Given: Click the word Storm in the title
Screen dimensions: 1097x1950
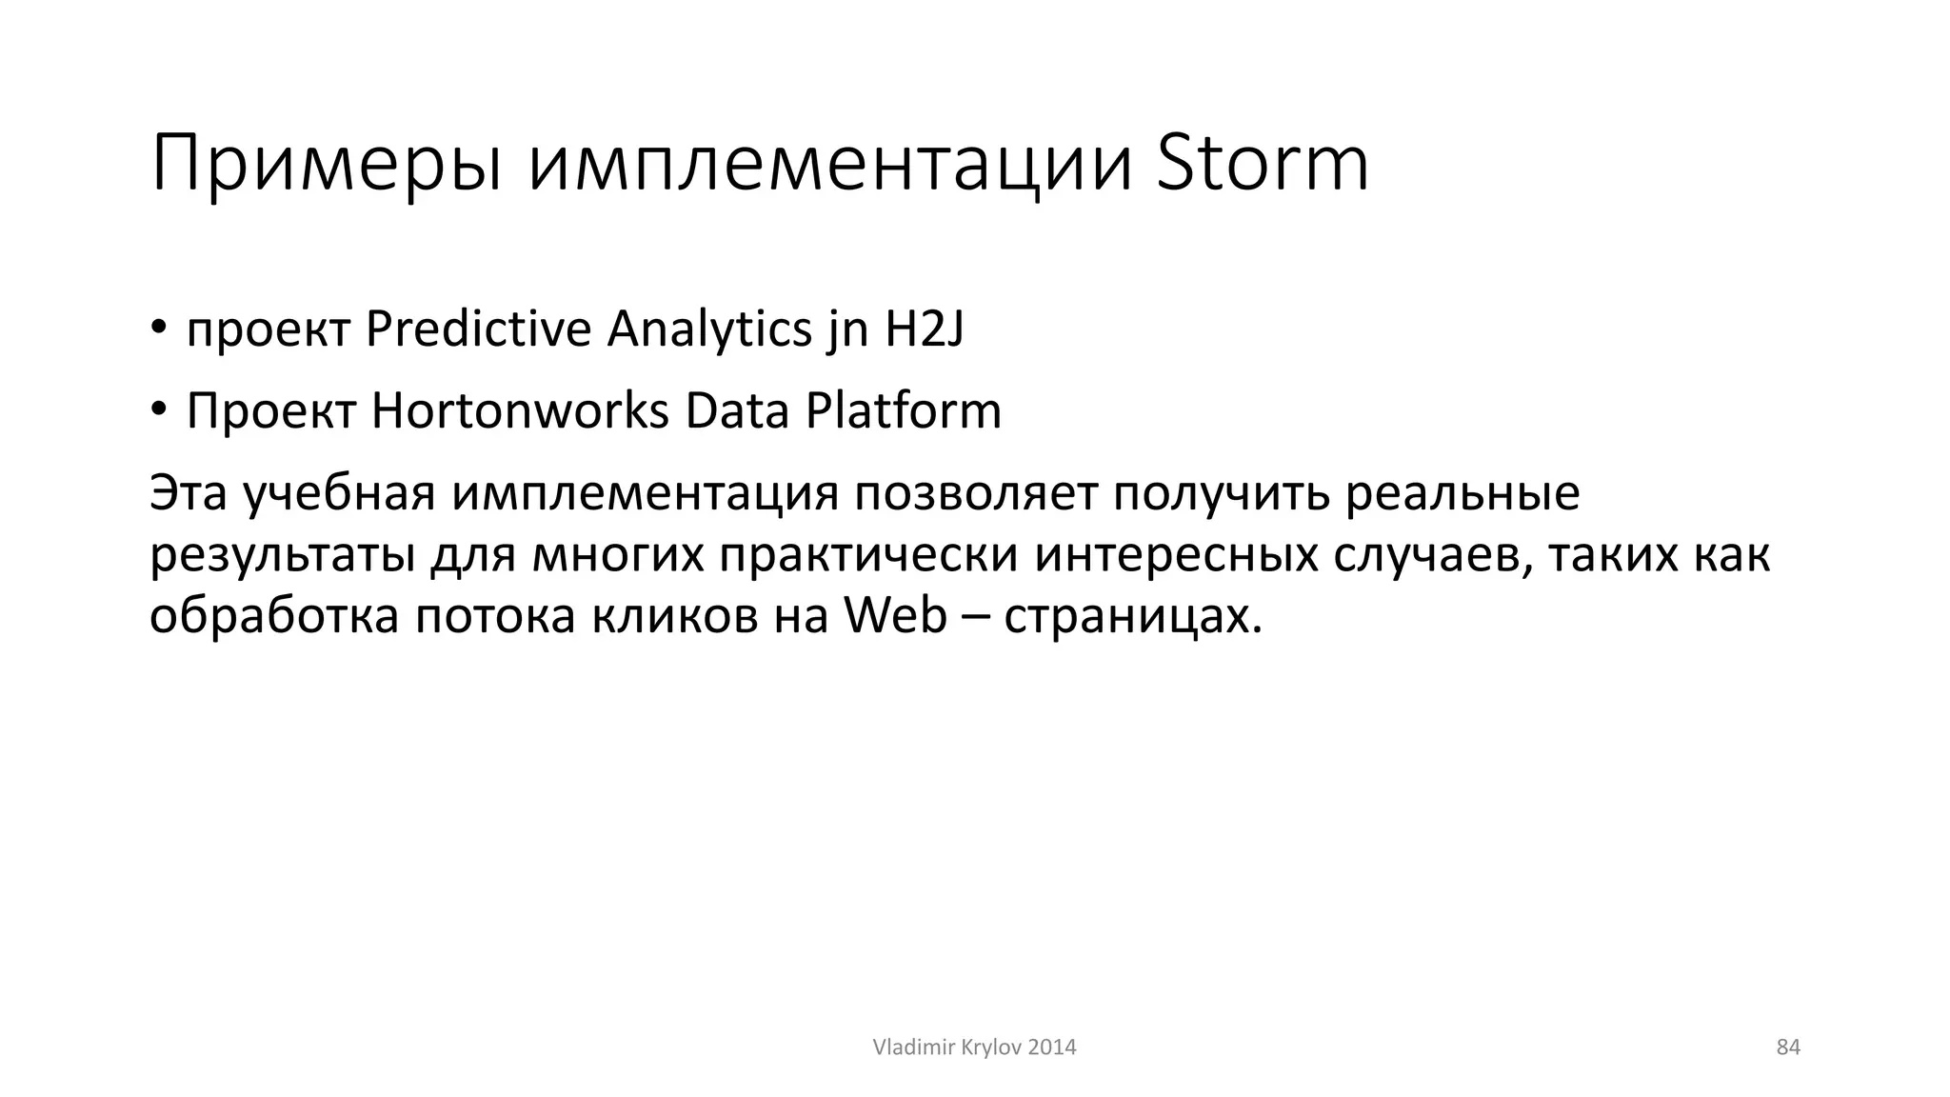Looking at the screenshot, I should (x=1262, y=164).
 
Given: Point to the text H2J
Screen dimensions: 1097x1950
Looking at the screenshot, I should (x=925, y=329).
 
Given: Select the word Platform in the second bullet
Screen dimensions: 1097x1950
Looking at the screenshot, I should (x=903, y=410).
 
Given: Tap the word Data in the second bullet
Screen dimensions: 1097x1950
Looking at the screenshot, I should (x=737, y=410).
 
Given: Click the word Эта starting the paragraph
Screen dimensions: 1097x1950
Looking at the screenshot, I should (x=189, y=493).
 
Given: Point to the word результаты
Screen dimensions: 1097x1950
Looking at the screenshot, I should (x=282, y=555).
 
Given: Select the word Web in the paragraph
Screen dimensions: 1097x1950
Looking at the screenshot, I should (x=896, y=616).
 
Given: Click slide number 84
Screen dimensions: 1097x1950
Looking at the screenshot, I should (x=1788, y=1047).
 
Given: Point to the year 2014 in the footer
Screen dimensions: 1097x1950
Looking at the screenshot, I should (x=1052, y=1047).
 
